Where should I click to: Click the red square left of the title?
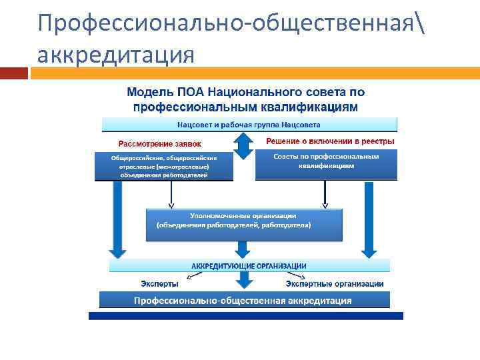coord(13,73)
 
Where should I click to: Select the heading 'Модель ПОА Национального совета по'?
coord(245,92)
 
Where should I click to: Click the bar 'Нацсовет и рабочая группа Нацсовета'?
coord(249,125)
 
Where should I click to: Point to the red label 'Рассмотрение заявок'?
coord(159,143)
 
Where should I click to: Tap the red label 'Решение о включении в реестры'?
coord(330,141)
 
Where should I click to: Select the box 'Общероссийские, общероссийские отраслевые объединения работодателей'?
coord(164,166)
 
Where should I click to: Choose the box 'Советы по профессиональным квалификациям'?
coord(326,165)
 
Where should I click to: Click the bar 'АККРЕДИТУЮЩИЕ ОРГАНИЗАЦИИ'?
coord(249,266)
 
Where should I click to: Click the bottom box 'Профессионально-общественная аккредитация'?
coord(243,301)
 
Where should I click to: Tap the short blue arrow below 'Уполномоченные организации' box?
coord(243,249)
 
